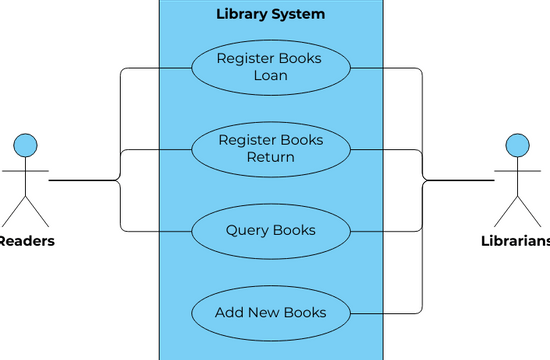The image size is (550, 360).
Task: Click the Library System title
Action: pos(270,15)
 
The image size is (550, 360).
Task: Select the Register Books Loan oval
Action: pos(270,67)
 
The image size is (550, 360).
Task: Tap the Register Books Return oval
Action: pos(270,148)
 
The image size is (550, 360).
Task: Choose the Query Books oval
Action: pos(270,230)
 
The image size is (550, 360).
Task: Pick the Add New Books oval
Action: pos(270,312)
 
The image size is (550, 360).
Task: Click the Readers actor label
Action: pos(26,241)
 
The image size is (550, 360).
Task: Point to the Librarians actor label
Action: pos(516,241)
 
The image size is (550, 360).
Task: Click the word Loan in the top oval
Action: pos(270,75)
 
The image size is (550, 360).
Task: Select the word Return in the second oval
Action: pos(270,157)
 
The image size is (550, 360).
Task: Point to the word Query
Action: pos(246,230)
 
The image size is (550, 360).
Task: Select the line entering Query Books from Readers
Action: pos(155,230)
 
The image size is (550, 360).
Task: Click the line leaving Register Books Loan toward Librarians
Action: pos(385,68)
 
